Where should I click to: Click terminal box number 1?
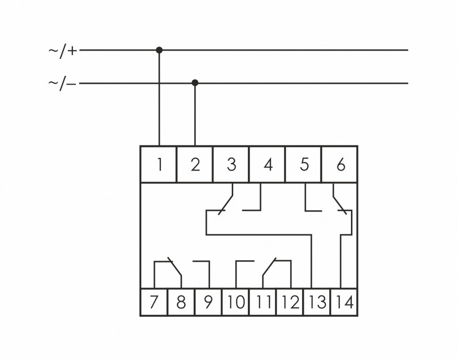[x=159, y=164]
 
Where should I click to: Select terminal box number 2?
[x=195, y=164]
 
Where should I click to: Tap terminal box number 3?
[x=231, y=164]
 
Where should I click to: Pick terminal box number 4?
[x=267, y=164]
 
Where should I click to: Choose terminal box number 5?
[x=304, y=164]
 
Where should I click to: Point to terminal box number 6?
[x=340, y=164]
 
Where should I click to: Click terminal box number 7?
[x=154, y=302]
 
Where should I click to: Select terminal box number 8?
[x=181, y=302]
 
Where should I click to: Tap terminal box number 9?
[x=208, y=302]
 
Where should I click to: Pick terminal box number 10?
[x=236, y=302]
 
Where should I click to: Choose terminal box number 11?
[x=263, y=302]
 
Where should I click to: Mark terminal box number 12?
[x=290, y=302]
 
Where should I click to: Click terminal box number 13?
[x=317, y=302]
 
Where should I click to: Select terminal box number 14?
[x=344, y=302]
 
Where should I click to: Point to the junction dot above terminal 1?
[x=159, y=49]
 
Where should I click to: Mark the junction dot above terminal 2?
[x=195, y=83]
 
